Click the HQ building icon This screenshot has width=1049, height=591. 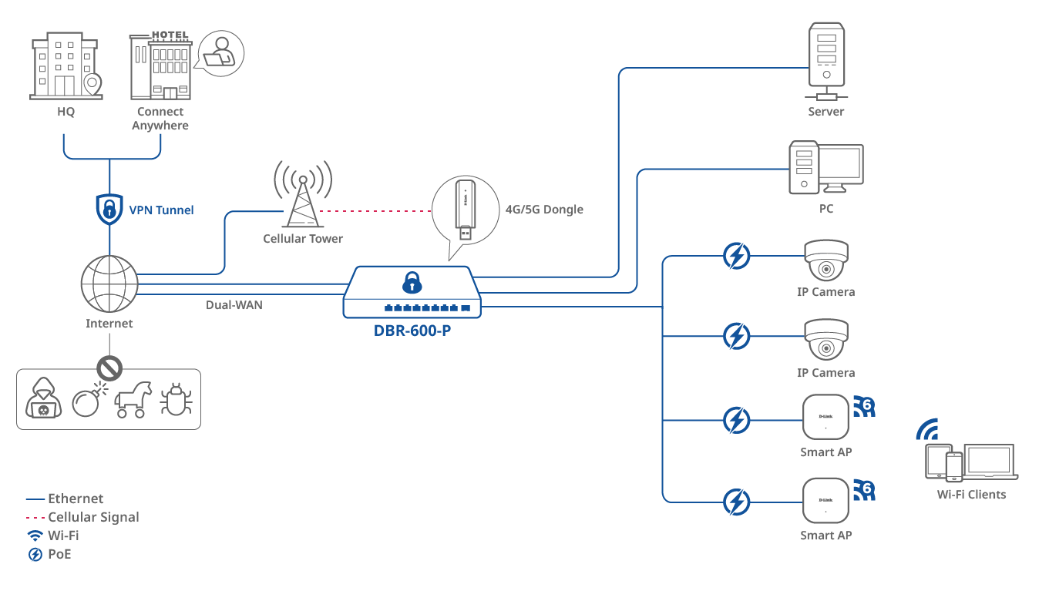[66, 67]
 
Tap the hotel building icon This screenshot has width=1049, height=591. [160, 67]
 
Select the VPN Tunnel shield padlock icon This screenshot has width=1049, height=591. [109, 209]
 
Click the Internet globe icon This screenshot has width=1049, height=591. [109, 284]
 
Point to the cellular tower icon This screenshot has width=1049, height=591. [302, 196]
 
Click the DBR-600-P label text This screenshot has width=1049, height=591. [412, 331]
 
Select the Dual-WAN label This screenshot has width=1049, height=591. [234, 305]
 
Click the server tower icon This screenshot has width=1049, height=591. [825, 56]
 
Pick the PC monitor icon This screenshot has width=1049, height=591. [840, 168]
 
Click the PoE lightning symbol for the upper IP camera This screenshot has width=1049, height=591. [737, 256]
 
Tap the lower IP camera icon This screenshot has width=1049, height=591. [825, 340]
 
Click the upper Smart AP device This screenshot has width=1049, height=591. [825, 418]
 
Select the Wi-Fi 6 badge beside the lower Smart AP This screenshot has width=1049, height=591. [864, 490]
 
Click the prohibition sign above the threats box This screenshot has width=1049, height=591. [109, 369]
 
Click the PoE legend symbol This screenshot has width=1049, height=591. [35, 554]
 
